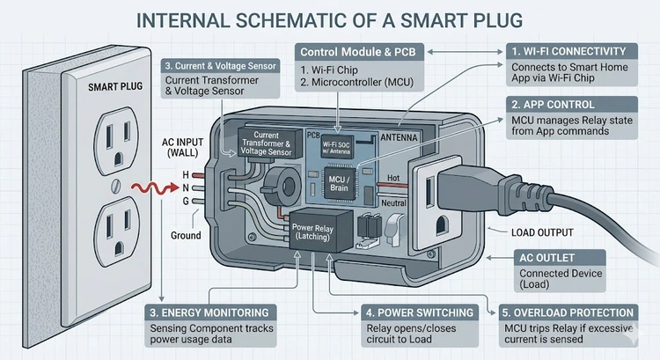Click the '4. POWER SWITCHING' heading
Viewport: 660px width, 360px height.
click(x=414, y=312)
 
